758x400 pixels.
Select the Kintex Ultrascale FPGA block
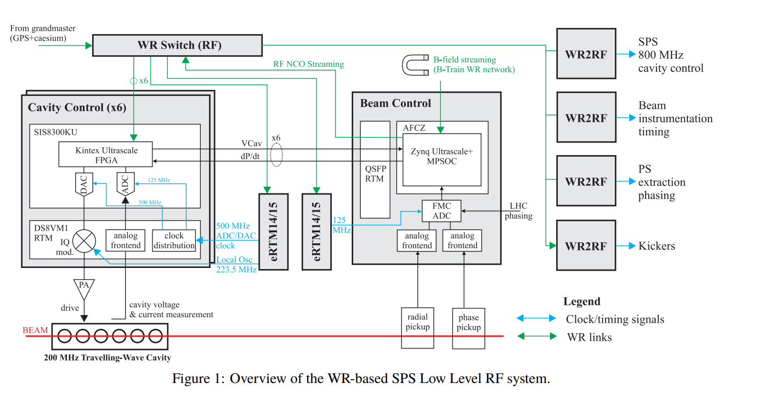(106, 155)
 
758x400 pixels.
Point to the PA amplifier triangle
(84, 285)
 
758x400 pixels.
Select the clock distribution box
(174, 241)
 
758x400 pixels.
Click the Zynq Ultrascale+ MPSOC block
(442, 157)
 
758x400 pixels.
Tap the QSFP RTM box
(375, 169)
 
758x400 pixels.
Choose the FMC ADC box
(442, 211)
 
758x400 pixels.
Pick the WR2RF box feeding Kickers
(585, 245)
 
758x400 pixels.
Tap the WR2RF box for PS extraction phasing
(585, 181)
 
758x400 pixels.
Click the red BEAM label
(35, 330)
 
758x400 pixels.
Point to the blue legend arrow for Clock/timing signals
(536, 318)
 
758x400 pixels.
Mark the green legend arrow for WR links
(536, 336)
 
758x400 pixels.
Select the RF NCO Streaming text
(308, 64)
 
